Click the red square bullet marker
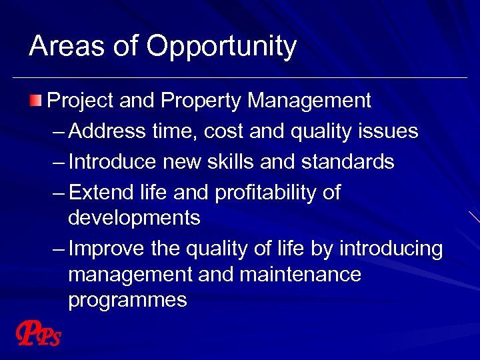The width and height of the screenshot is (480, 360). [x=35, y=101]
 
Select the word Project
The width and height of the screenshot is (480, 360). [x=81, y=101]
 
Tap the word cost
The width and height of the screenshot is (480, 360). [x=223, y=131]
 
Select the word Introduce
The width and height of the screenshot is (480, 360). [x=113, y=162]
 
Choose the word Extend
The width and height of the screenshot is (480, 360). [x=98, y=193]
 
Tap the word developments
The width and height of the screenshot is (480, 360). [x=133, y=218]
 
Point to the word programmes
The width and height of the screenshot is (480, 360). [x=127, y=301]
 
